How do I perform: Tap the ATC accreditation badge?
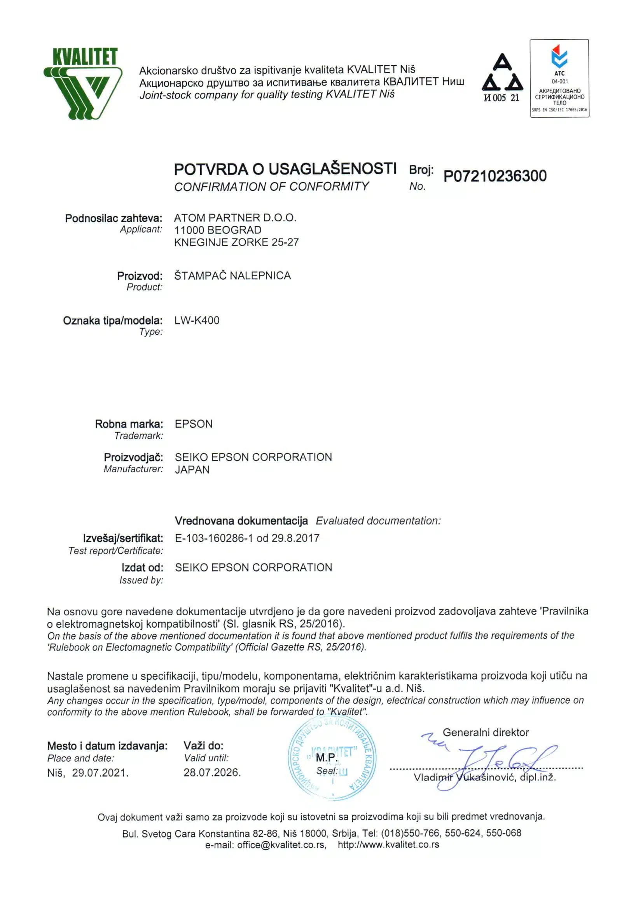point(559,78)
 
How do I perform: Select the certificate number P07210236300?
point(495,176)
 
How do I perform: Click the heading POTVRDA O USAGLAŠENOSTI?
point(285,169)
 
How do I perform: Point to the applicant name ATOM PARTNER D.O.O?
point(235,218)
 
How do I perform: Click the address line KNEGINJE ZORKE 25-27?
point(236,242)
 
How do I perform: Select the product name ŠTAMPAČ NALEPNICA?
point(232,275)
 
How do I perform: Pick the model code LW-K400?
point(196,320)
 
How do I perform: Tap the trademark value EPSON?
point(194,424)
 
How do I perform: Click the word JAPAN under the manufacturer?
point(192,470)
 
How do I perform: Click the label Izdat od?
point(142,568)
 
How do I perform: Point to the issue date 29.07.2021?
point(100,773)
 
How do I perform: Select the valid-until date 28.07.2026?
point(212,772)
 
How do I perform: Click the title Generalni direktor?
point(486,732)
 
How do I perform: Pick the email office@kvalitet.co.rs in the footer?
point(281,845)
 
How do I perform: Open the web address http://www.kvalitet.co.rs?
point(388,845)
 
